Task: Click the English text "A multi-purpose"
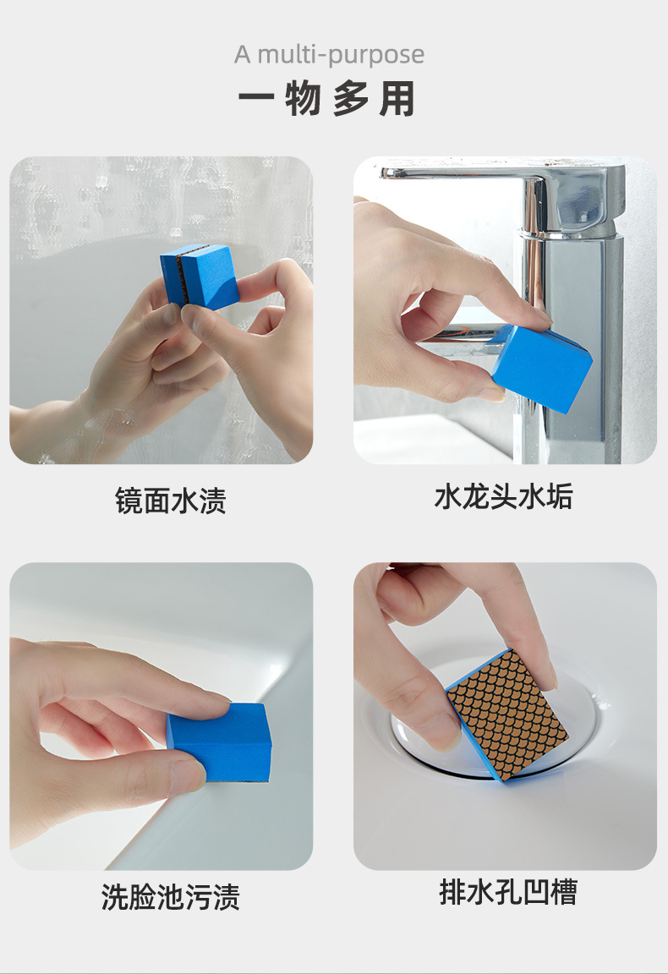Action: (x=329, y=55)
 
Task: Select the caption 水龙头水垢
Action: (x=503, y=497)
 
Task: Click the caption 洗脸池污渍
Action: (x=171, y=897)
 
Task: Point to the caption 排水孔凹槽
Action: (x=508, y=893)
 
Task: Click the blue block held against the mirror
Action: (x=200, y=276)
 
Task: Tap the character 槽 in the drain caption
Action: (x=561, y=893)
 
